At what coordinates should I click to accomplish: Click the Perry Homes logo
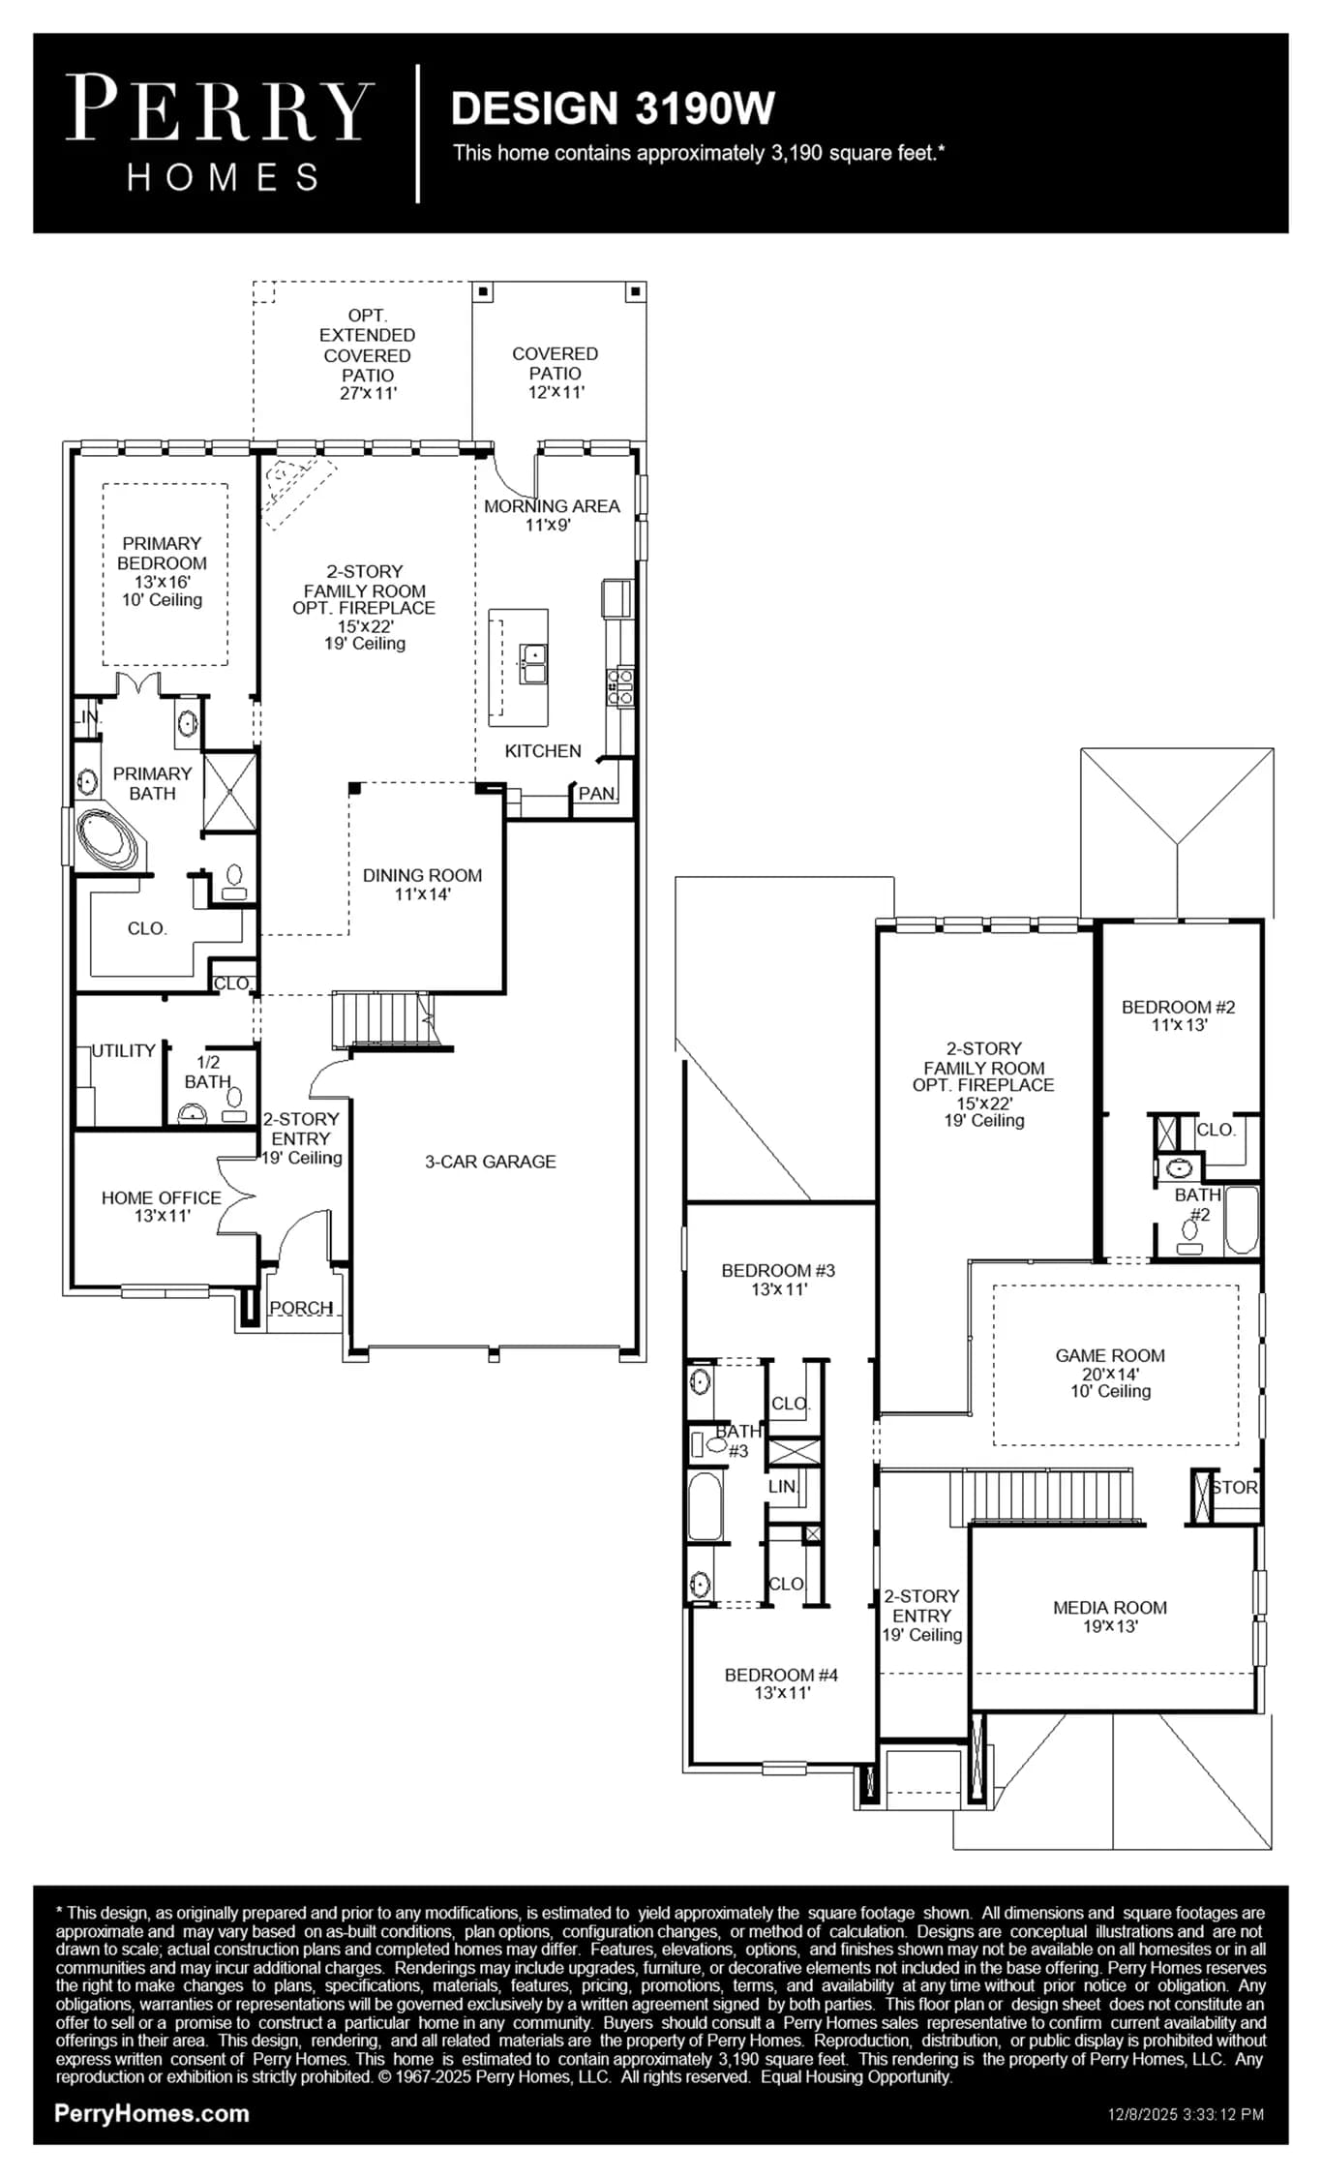pyautogui.click(x=220, y=134)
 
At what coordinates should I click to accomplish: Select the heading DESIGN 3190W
pyautogui.click(x=613, y=108)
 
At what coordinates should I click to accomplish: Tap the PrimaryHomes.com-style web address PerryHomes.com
pyautogui.click(x=152, y=2113)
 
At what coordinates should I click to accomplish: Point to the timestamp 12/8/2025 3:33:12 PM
pyautogui.click(x=1186, y=2114)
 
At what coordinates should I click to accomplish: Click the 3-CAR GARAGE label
pyautogui.click(x=491, y=1162)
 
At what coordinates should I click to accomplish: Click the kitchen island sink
pyautogui.click(x=533, y=664)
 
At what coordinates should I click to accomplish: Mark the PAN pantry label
pyautogui.click(x=596, y=794)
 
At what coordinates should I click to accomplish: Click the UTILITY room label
pyautogui.click(x=124, y=1050)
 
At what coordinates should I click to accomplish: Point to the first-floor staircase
pyautogui.click(x=383, y=1018)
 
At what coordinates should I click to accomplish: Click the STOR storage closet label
pyautogui.click(x=1234, y=1487)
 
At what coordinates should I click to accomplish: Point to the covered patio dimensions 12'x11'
pyautogui.click(x=556, y=392)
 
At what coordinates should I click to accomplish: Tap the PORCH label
pyautogui.click(x=301, y=1308)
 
